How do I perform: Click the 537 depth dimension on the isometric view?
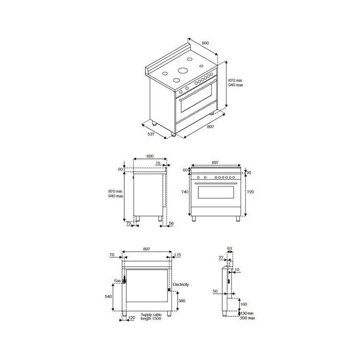pos(151,134)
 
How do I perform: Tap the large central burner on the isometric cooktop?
pos(183,70)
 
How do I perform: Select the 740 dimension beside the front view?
pos(185,192)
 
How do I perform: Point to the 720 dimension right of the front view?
pos(250,192)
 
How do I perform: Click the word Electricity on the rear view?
pos(180,285)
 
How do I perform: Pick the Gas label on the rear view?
pos(118,281)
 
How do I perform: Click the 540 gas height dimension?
pos(108,297)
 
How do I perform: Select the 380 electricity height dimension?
pos(181,301)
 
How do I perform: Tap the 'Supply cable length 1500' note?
pos(151,317)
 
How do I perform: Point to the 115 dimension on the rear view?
pos(178,254)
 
